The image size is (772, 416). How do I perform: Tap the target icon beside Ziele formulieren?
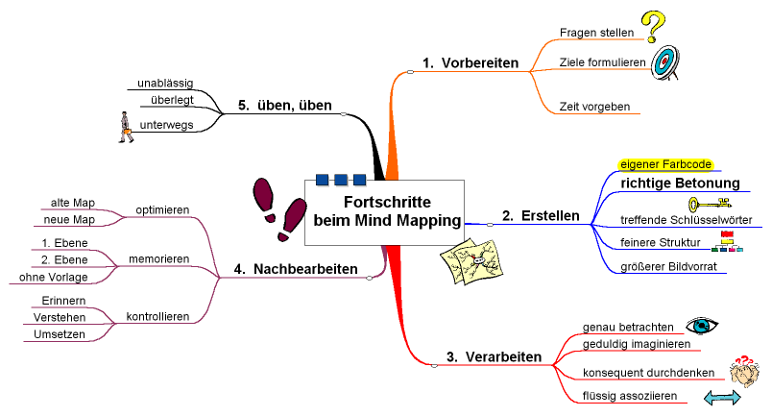[x=663, y=63]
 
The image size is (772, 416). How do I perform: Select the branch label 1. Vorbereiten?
[x=470, y=63]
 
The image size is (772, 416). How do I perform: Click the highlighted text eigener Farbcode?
[x=665, y=164]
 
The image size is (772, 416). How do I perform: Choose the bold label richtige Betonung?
[x=680, y=183]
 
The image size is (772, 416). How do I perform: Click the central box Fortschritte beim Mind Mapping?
[x=385, y=211]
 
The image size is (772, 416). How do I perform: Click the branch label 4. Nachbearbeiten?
[x=296, y=269]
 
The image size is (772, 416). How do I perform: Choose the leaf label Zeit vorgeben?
[x=594, y=107]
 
